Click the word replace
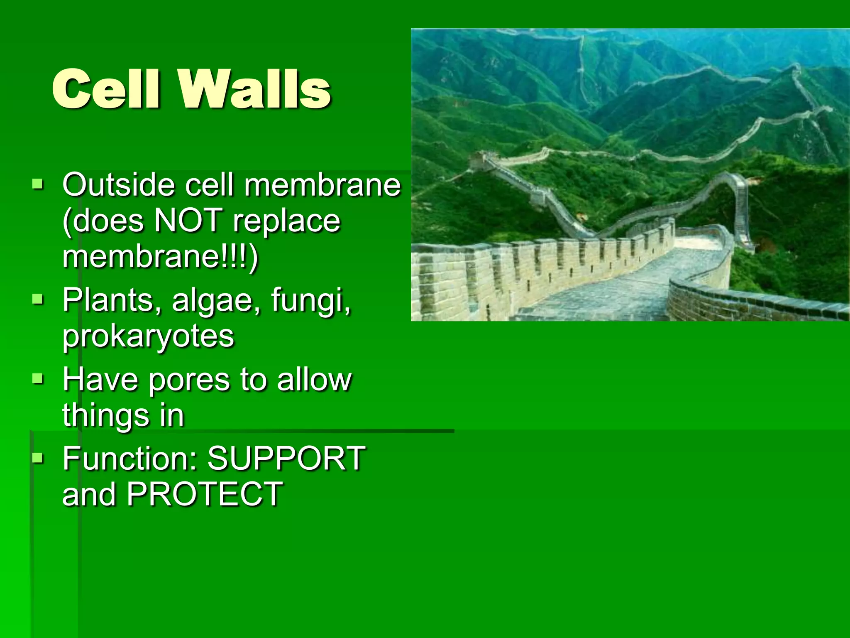coord(286,221)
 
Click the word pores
coord(189,380)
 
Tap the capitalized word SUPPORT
coord(286,458)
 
